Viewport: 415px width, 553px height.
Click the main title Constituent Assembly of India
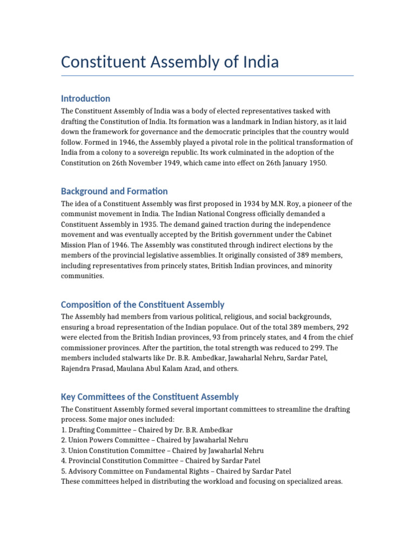pyautogui.click(x=170, y=62)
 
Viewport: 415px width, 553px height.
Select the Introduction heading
pyautogui.click(x=85, y=98)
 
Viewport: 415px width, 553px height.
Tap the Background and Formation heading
pyautogui.click(x=114, y=191)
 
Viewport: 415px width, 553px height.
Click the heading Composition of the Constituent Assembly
pyautogui.click(x=143, y=305)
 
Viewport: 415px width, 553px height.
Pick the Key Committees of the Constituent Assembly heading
pyautogui.click(x=150, y=397)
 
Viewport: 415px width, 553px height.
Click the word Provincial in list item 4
pyautogui.click(x=86, y=461)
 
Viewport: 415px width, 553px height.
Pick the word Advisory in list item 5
pyautogui.click(x=84, y=471)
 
